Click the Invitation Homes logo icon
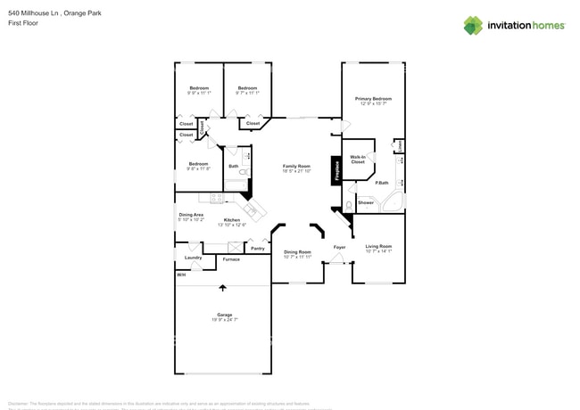473,26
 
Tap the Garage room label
225,315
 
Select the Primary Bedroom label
373,99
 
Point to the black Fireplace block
336,170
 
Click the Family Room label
296,167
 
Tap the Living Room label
378,246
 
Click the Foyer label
339,247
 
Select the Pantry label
257,249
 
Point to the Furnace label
231,259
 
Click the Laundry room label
193,258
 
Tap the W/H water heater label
181,275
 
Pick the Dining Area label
191,215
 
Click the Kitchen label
232,220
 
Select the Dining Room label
298,252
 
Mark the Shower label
366,202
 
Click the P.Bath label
381,183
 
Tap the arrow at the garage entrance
222,287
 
